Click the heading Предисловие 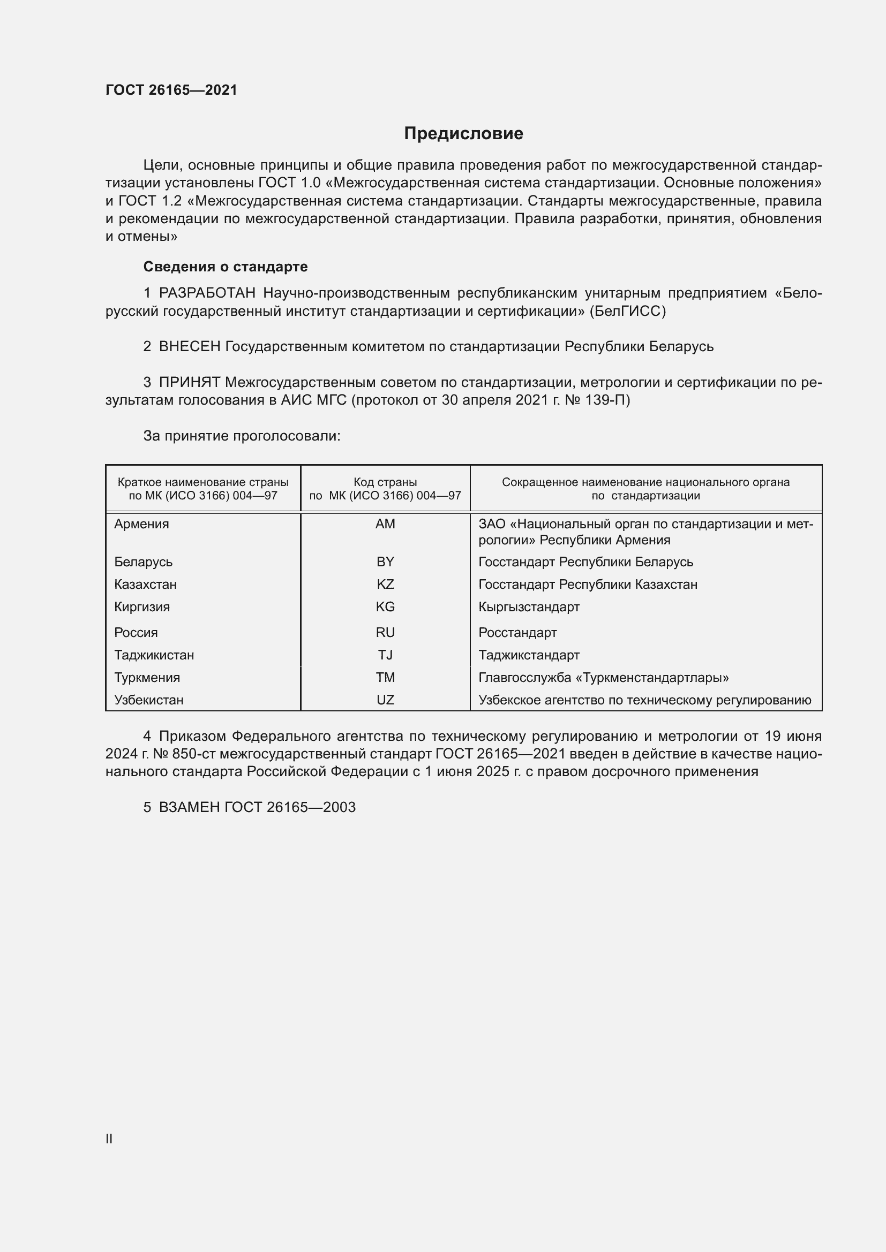pos(463,134)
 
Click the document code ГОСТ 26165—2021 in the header pos(171,90)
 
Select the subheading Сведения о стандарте pos(226,267)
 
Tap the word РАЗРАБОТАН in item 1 pos(207,293)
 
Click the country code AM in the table pos(385,524)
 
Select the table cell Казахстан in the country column pos(145,585)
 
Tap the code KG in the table pos(385,607)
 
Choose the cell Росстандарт pos(517,633)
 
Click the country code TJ pos(385,655)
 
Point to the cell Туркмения pos(147,678)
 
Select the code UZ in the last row pos(385,700)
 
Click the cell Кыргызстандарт pos(529,607)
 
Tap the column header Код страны pos(385,482)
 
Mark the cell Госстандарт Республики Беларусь pos(585,562)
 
